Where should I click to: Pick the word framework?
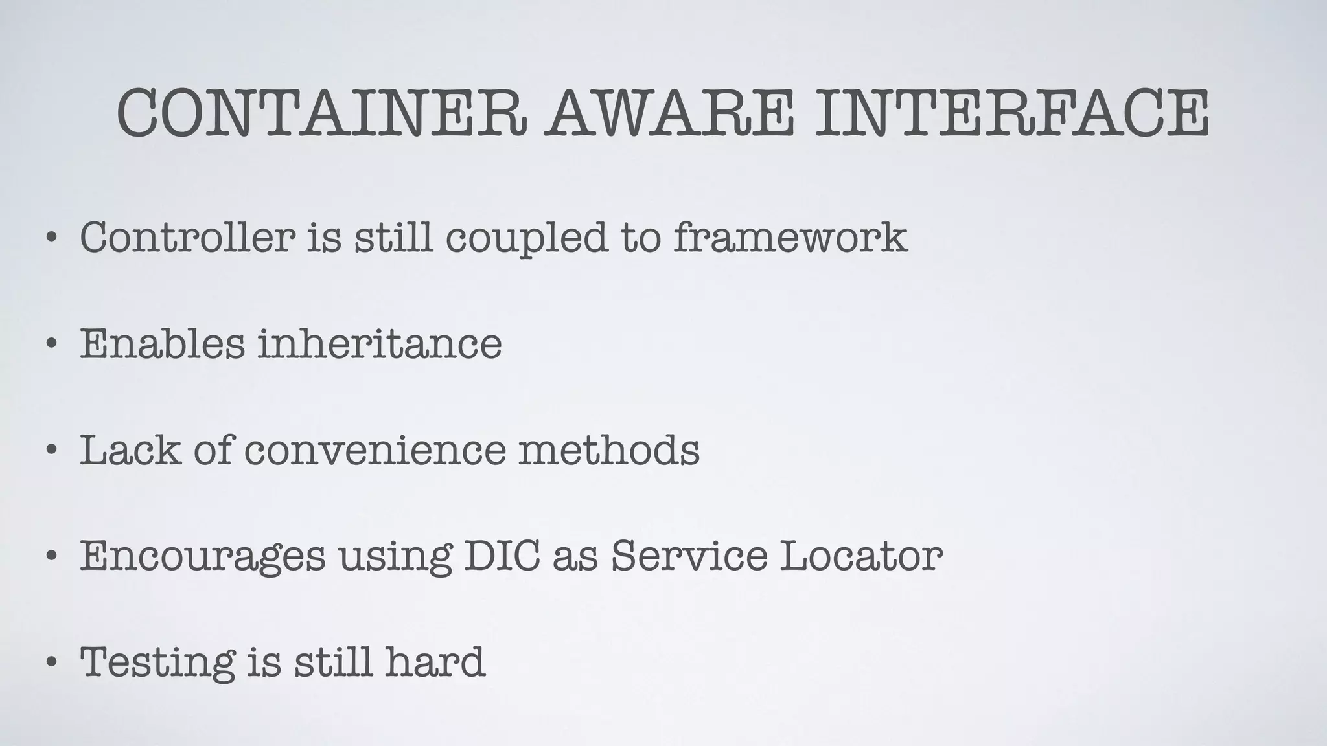pos(790,237)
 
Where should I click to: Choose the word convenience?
pos(375,451)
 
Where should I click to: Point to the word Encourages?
pos(202,557)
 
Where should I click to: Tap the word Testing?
pos(157,663)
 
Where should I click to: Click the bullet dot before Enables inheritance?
pos(51,345)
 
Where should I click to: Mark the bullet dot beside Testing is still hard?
pos(51,663)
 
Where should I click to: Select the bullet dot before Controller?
pos(51,238)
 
